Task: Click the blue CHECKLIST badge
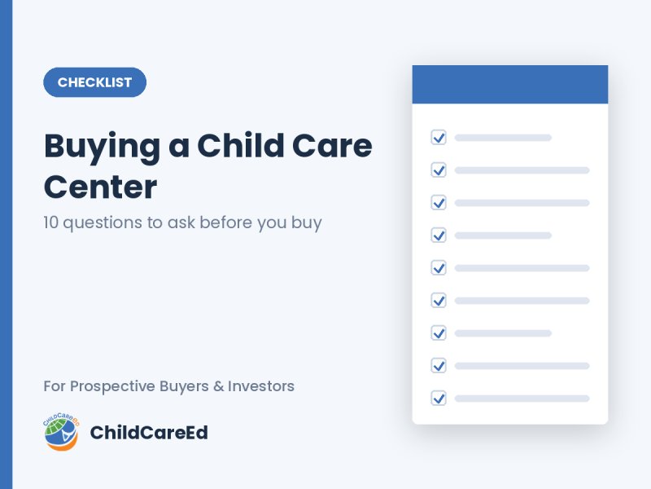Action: (x=94, y=82)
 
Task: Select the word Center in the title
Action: (x=100, y=187)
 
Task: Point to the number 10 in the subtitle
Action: (x=50, y=222)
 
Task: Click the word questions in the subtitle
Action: (x=103, y=223)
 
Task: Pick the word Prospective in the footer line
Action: (x=112, y=386)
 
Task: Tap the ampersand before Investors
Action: (x=218, y=386)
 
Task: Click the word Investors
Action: (x=261, y=386)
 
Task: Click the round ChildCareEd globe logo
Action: (x=61, y=432)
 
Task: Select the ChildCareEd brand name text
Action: (x=149, y=433)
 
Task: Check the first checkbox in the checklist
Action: (x=439, y=137)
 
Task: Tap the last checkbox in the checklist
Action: (x=439, y=399)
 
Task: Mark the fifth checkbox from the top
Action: (x=439, y=268)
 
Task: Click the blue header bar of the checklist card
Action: (x=510, y=85)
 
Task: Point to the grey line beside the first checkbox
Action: (x=503, y=138)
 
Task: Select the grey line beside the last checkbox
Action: (x=522, y=399)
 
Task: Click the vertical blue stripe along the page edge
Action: (x=7, y=244)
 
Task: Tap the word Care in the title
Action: (x=332, y=146)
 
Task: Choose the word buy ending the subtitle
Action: (x=307, y=223)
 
